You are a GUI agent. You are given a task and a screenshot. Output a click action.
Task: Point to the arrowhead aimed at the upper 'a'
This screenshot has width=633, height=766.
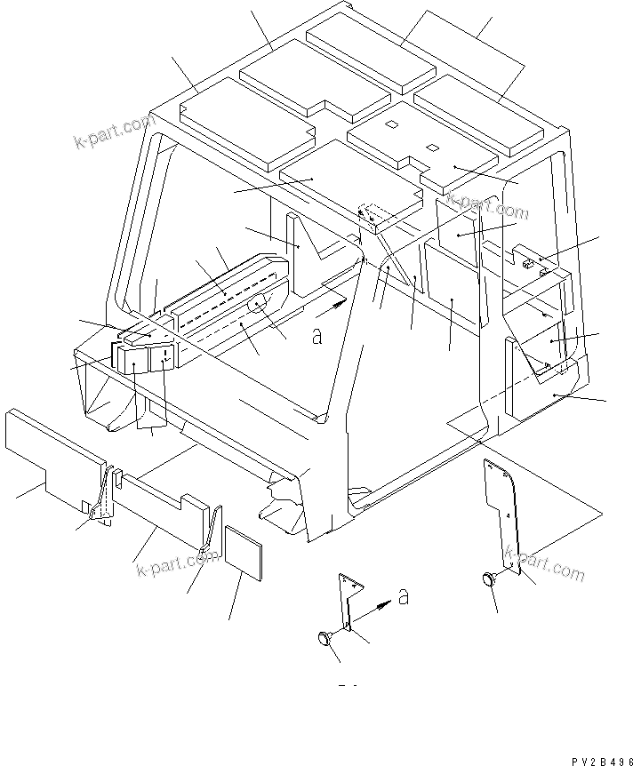click(341, 303)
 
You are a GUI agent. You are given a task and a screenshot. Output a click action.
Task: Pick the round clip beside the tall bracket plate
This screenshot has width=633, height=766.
click(487, 578)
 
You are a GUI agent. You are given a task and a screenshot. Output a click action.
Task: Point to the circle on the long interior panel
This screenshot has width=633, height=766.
click(258, 304)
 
